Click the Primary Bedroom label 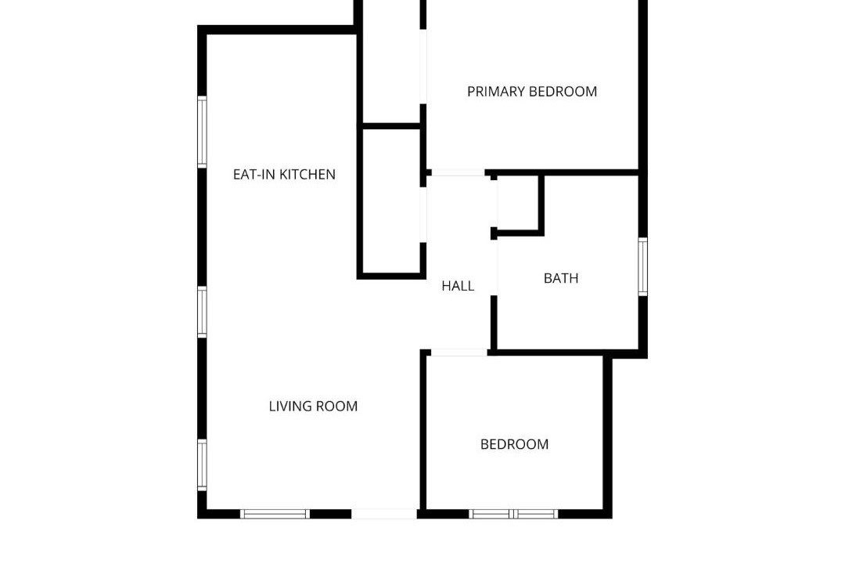pyautogui.click(x=532, y=92)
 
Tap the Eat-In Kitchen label pyautogui.click(x=284, y=175)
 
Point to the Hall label pyautogui.click(x=458, y=286)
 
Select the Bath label pyautogui.click(x=561, y=279)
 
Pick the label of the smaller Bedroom pyautogui.click(x=514, y=444)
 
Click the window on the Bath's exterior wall pyautogui.click(x=643, y=266)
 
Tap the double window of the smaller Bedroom pyautogui.click(x=513, y=514)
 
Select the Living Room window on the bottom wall pyautogui.click(x=275, y=514)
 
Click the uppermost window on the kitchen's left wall pyautogui.click(x=202, y=132)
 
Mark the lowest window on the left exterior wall pyautogui.click(x=202, y=465)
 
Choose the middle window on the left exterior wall pyautogui.click(x=202, y=312)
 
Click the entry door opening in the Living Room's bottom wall pyautogui.click(x=384, y=514)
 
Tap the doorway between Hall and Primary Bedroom pyautogui.click(x=458, y=172)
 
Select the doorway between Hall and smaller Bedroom pyautogui.click(x=459, y=352)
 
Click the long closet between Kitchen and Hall pyautogui.click(x=391, y=201)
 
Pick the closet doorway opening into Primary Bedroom pyautogui.click(x=423, y=67)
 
